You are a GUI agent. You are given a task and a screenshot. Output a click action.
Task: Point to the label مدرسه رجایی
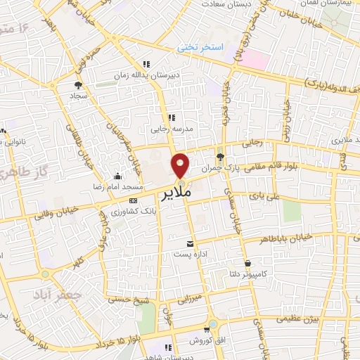(169, 129)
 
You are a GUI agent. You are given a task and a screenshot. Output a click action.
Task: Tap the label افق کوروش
(206, 340)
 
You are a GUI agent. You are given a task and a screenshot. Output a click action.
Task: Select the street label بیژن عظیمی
(298, 319)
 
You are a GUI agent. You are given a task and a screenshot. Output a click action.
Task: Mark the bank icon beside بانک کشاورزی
(134, 200)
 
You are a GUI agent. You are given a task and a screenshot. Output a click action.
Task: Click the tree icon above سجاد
(77, 84)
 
